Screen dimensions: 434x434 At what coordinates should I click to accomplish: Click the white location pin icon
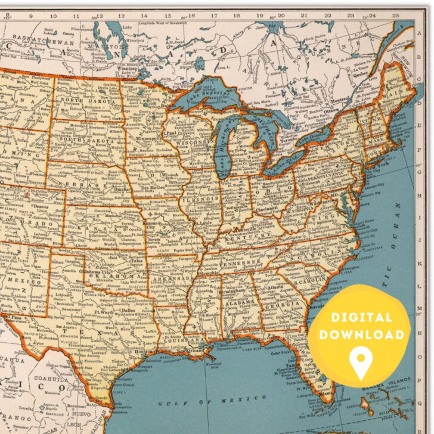[x=360, y=361]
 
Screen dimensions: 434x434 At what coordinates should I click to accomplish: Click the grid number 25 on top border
[x=395, y=15]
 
